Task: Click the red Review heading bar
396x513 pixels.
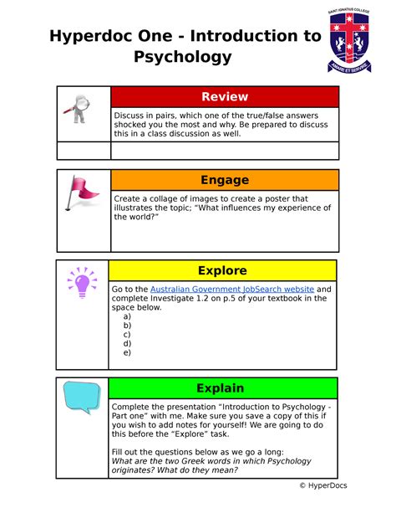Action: click(x=225, y=96)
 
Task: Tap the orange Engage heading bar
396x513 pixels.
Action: click(x=225, y=180)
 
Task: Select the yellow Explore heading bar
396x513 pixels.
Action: click(x=222, y=270)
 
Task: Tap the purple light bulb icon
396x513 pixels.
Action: click(x=82, y=281)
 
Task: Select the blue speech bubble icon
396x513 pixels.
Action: click(x=81, y=397)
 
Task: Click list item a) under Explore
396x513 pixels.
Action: click(x=127, y=317)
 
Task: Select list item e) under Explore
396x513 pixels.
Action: click(x=127, y=352)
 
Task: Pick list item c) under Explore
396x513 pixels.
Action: click(x=127, y=335)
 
